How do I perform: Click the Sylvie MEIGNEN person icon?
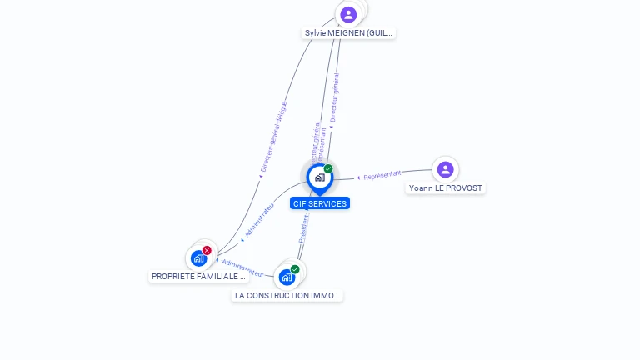point(348,14)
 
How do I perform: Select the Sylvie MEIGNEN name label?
point(348,33)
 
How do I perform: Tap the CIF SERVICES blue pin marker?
point(319,177)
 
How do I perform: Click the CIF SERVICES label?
point(320,203)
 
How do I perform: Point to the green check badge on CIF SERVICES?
point(328,169)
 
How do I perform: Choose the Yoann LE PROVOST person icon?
point(445,169)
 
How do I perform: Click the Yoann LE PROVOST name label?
point(445,188)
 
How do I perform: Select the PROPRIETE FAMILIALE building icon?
point(198,258)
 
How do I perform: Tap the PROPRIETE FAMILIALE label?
point(198,276)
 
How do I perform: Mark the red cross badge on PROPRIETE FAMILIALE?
point(207,250)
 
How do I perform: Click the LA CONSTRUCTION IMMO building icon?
point(287,277)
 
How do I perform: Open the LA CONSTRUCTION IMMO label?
point(287,295)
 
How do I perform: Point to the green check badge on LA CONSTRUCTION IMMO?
point(295,269)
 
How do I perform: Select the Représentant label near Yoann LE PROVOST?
point(382,175)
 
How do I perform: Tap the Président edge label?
point(304,229)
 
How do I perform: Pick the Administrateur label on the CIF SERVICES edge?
point(260,219)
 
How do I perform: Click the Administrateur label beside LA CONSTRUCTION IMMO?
point(242,268)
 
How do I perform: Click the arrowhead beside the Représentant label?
point(359,177)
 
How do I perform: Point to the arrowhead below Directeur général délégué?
point(260,176)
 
